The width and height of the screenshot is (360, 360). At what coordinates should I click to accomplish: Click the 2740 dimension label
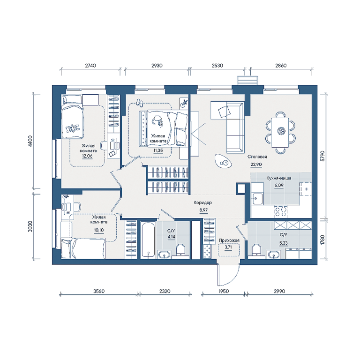pos(90,66)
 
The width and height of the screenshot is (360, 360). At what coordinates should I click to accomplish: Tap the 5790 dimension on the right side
pos(322,156)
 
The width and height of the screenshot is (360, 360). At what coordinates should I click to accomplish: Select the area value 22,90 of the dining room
pos(256,165)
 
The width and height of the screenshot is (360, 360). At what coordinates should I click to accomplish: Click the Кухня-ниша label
pos(279,178)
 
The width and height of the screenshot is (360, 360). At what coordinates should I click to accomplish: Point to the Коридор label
pos(202,202)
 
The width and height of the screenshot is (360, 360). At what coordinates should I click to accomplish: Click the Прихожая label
pos(229,240)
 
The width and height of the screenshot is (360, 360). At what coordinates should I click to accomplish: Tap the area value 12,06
pos(87,156)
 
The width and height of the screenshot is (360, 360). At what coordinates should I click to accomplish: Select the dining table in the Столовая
pos(280,132)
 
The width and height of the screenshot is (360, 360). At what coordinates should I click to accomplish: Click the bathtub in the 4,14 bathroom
pos(148,240)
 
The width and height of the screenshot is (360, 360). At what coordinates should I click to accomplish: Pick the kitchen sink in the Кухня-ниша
pos(257,199)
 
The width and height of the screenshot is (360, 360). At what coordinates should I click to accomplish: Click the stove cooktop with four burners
pos(281,211)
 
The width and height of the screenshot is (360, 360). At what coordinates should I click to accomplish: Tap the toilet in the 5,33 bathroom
pos(256,251)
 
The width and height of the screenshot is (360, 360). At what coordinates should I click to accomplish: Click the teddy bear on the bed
pos(72,128)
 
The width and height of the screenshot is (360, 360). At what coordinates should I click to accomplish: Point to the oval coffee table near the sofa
pos(223,161)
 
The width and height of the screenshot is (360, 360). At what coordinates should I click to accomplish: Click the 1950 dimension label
pos(224,291)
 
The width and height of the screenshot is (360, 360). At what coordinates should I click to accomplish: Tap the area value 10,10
pos(99,230)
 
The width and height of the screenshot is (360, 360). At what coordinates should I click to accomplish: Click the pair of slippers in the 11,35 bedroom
pos(139,103)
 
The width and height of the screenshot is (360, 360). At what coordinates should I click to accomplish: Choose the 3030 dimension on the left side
pos(30,226)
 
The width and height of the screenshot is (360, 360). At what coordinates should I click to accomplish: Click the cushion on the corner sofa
pos(224,112)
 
